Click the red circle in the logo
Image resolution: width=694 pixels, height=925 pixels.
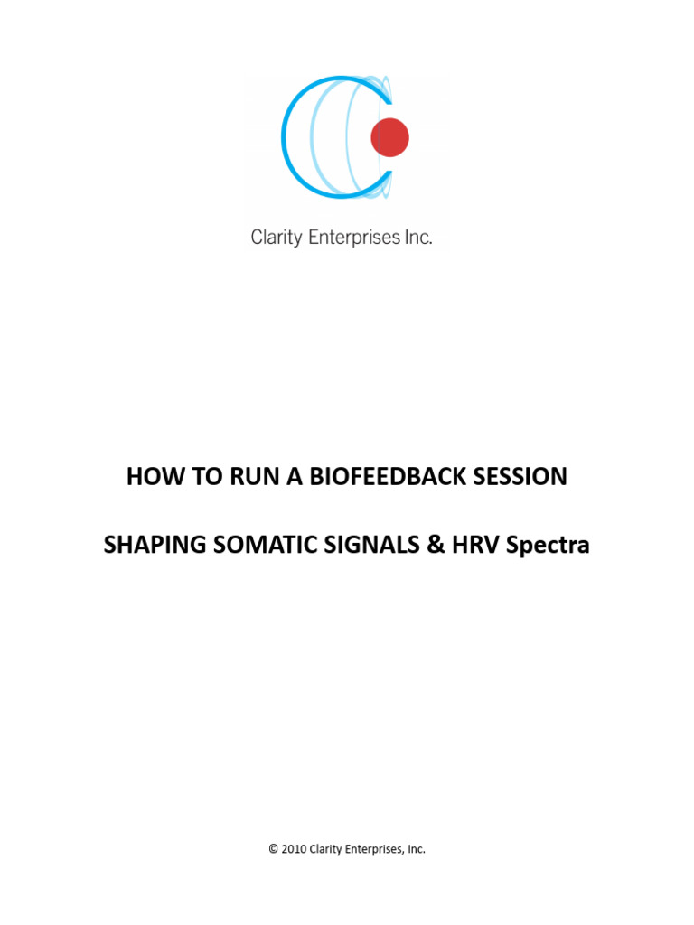tap(390, 137)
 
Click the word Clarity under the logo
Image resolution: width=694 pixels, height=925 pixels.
tap(275, 238)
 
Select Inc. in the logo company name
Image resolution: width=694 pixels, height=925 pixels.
tap(417, 238)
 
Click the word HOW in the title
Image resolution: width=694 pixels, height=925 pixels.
tap(150, 477)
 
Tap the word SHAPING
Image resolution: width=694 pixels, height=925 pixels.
tap(147, 546)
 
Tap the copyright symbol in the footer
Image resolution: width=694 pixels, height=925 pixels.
tap(273, 849)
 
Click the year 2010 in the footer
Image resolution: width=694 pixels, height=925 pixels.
tap(294, 849)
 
